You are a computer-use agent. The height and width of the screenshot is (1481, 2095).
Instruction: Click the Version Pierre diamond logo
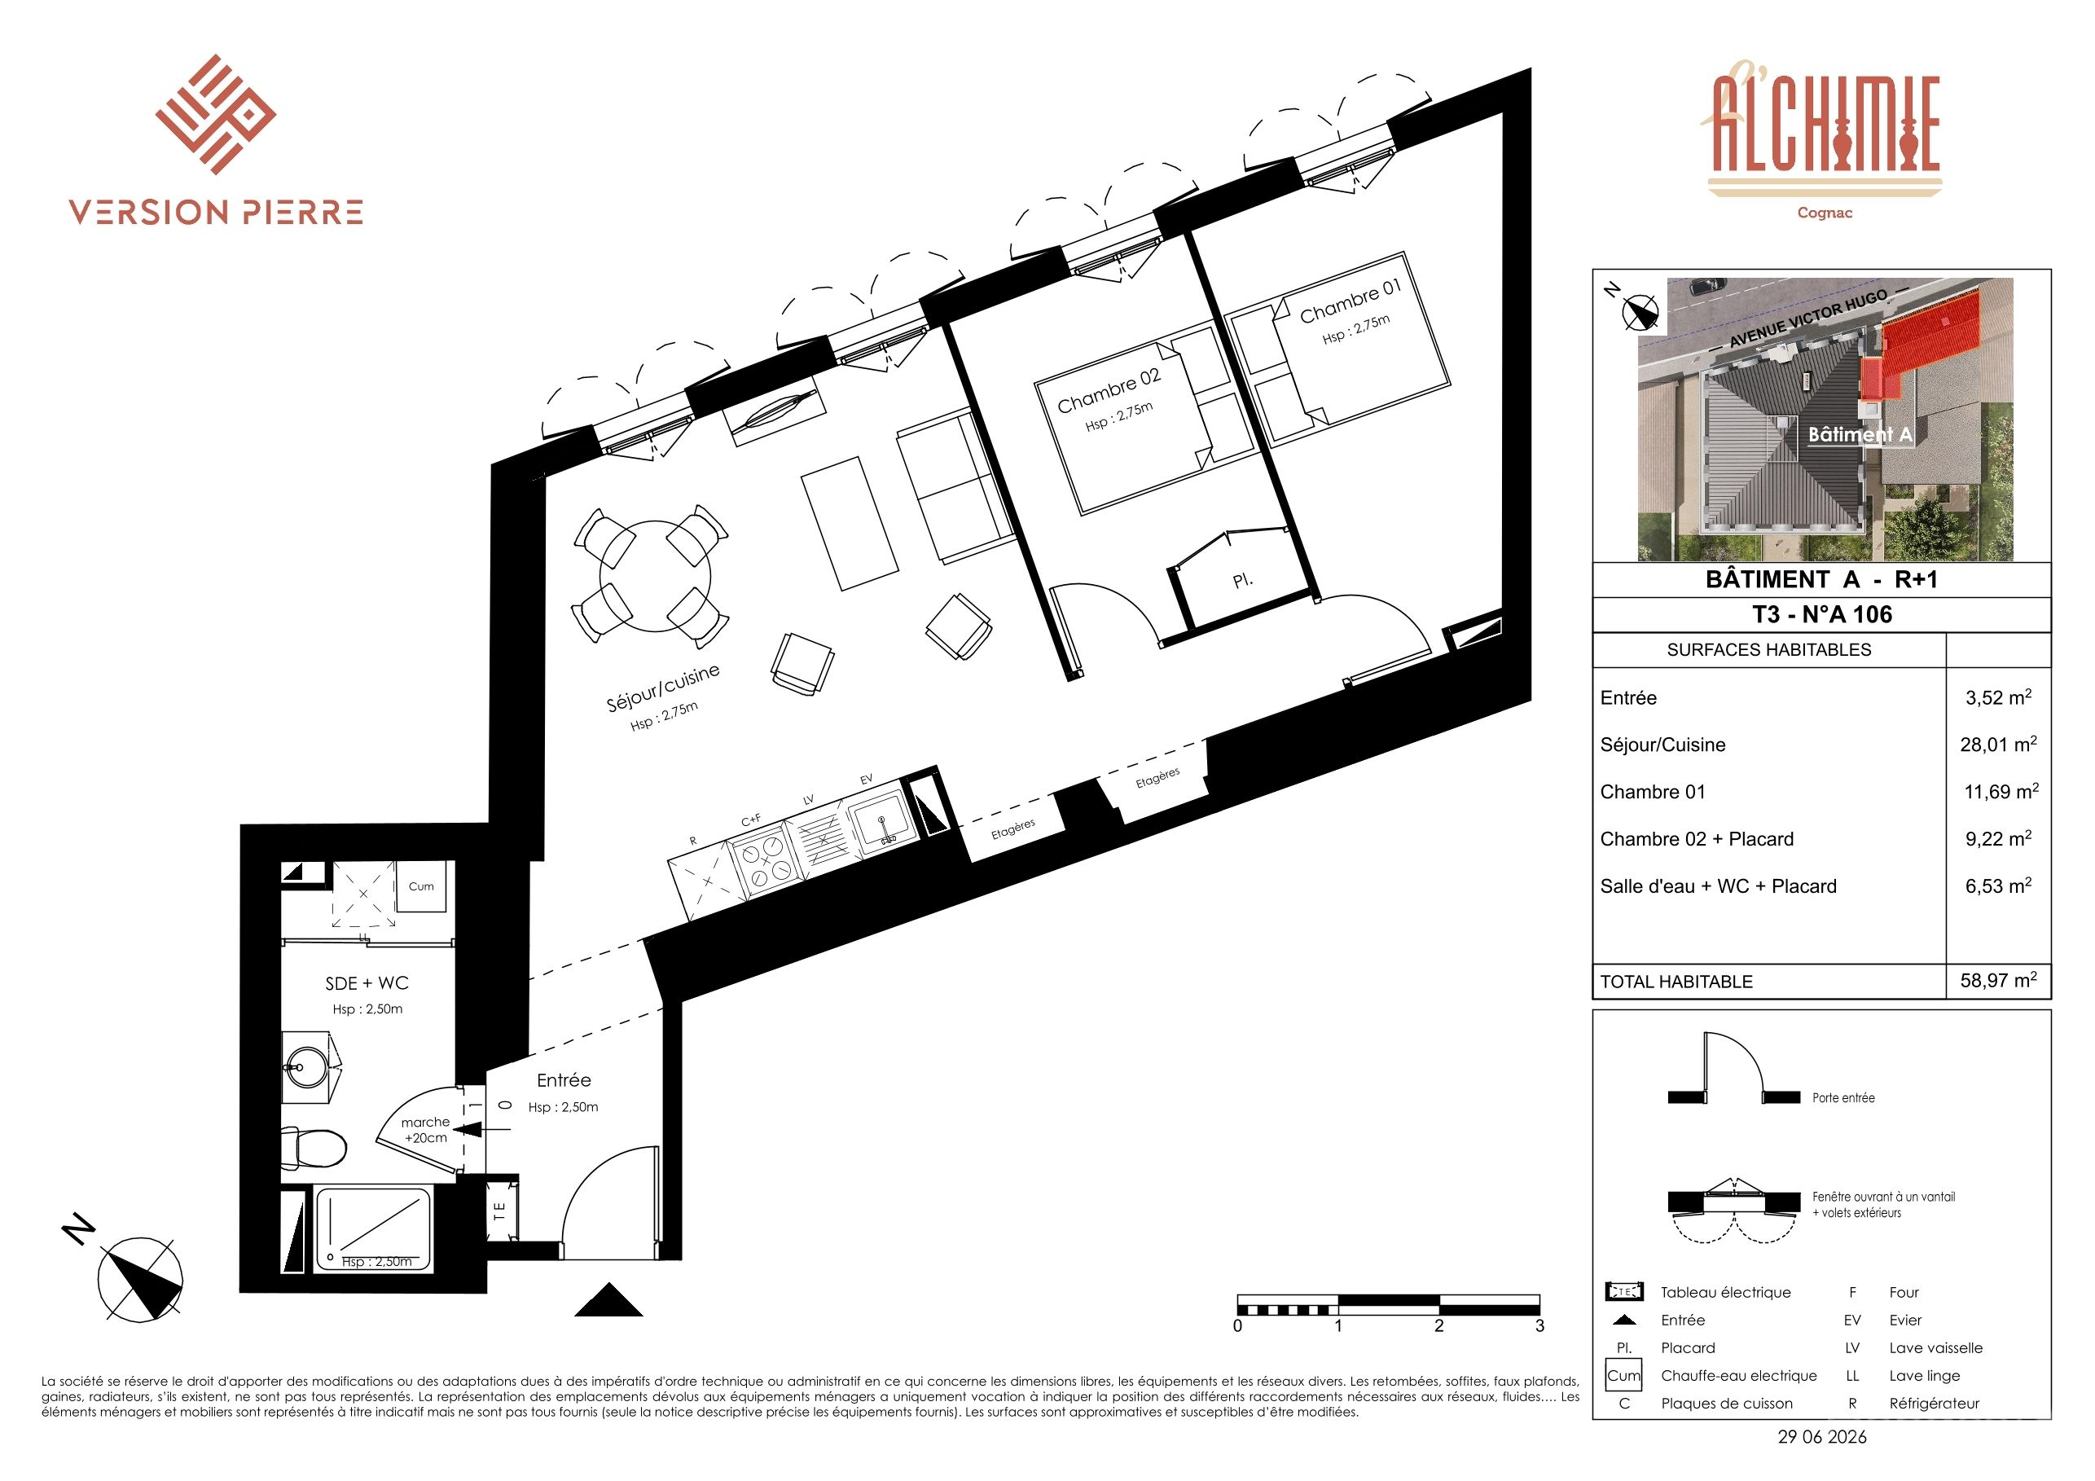215,114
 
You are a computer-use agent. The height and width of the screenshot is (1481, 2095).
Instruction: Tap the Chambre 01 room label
1350,301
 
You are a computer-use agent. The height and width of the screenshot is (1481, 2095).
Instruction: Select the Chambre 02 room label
1109,390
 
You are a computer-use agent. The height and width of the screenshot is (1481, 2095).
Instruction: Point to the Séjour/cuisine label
662,687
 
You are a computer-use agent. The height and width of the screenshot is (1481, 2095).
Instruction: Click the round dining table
654,576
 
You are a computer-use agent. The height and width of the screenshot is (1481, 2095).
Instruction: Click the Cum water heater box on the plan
422,886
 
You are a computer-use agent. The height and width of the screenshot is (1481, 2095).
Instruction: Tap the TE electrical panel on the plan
500,1210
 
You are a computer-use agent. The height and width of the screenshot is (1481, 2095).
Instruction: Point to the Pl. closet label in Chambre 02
1242,579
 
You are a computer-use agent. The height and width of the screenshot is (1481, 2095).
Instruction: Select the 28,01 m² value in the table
1998,744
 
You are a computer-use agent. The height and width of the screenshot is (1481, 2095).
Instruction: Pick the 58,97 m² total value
1998,980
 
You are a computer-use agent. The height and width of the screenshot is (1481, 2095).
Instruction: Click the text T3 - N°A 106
1822,614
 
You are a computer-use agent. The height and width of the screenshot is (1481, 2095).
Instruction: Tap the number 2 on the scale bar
1439,1326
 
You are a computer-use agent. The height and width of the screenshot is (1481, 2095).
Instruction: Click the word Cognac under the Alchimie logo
1825,213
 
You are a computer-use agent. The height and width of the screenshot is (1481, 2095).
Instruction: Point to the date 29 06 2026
1822,1437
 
